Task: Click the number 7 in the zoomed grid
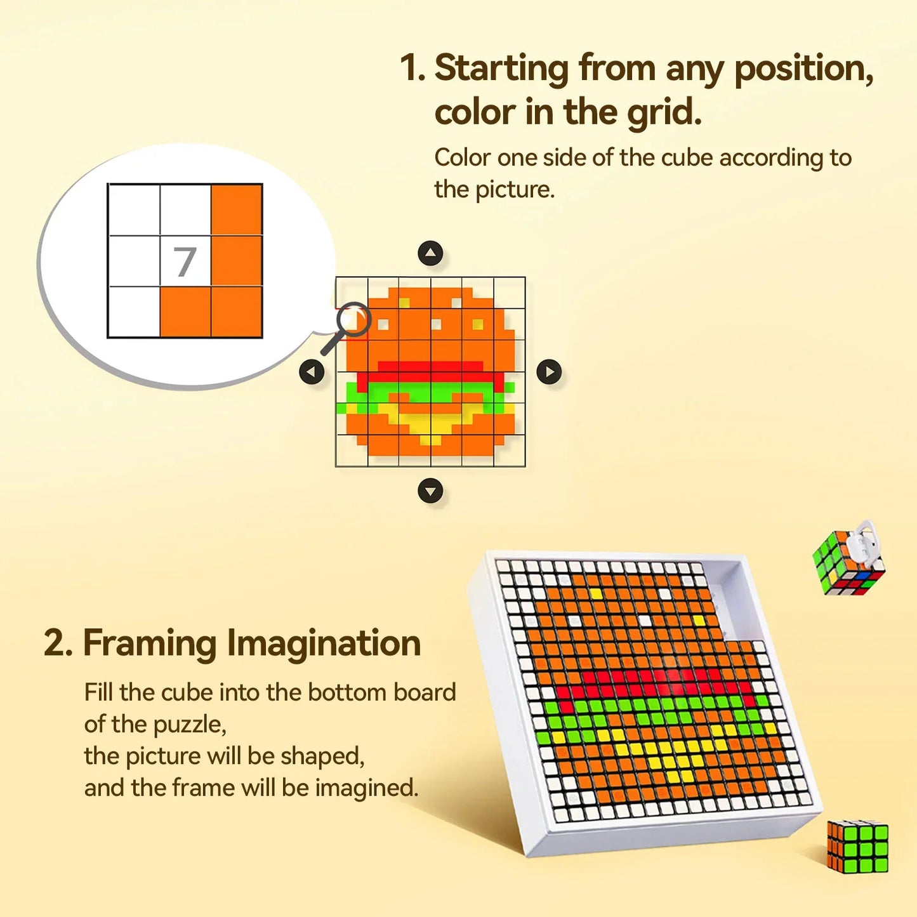click(x=185, y=261)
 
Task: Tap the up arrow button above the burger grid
click(x=430, y=254)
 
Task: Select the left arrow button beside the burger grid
click(x=312, y=372)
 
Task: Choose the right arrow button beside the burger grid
click(x=549, y=372)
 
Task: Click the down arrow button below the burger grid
click(x=430, y=491)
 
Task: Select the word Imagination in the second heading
click(x=324, y=643)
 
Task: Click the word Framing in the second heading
click(x=150, y=643)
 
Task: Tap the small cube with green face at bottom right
click(x=858, y=846)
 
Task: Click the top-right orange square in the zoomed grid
click(x=237, y=210)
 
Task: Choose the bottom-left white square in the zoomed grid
click(x=134, y=312)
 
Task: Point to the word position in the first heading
click(x=803, y=69)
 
